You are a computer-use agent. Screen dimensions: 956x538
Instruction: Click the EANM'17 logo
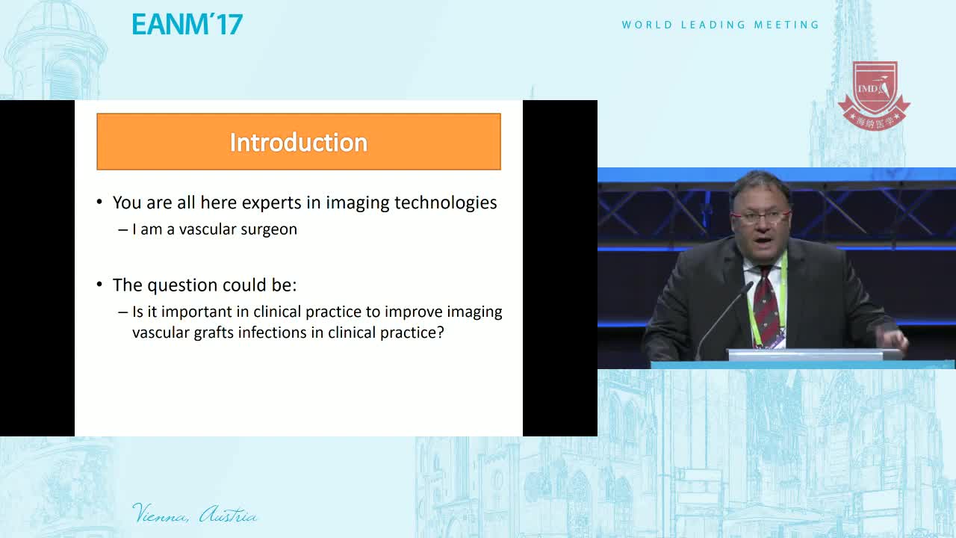pyautogui.click(x=187, y=24)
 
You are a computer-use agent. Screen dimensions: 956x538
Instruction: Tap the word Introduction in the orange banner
pyautogui.click(x=299, y=142)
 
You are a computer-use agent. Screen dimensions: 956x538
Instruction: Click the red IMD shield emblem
pyautogui.click(x=874, y=96)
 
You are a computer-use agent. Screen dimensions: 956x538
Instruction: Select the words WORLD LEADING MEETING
pyautogui.click(x=721, y=25)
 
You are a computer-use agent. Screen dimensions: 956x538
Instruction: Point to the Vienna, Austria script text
pyautogui.click(x=195, y=513)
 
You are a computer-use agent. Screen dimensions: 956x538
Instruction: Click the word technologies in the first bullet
pyautogui.click(x=446, y=203)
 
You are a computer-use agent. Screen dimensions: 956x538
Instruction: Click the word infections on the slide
pyautogui.click(x=273, y=333)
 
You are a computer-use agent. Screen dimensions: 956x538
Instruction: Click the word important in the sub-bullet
pyautogui.click(x=196, y=312)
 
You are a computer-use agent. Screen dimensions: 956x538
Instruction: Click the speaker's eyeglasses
pyautogui.click(x=761, y=217)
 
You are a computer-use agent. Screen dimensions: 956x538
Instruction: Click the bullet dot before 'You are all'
pyautogui.click(x=99, y=202)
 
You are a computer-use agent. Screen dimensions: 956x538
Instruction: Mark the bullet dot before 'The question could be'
pyautogui.click(x=99, y=284)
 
